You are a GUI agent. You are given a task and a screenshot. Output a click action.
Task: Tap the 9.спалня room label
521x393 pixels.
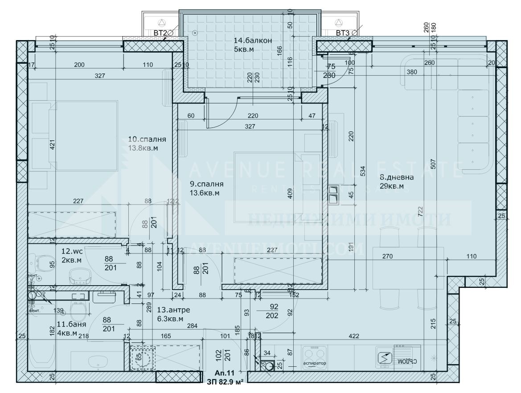(x=206, y=184)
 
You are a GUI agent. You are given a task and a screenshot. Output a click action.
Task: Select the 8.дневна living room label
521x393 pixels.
(x=397, y=177)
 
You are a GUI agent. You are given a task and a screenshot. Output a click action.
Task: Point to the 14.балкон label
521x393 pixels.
(x=253, y=41)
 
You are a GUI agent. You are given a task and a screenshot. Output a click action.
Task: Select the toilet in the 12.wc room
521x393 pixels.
(x=44, y=261)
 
